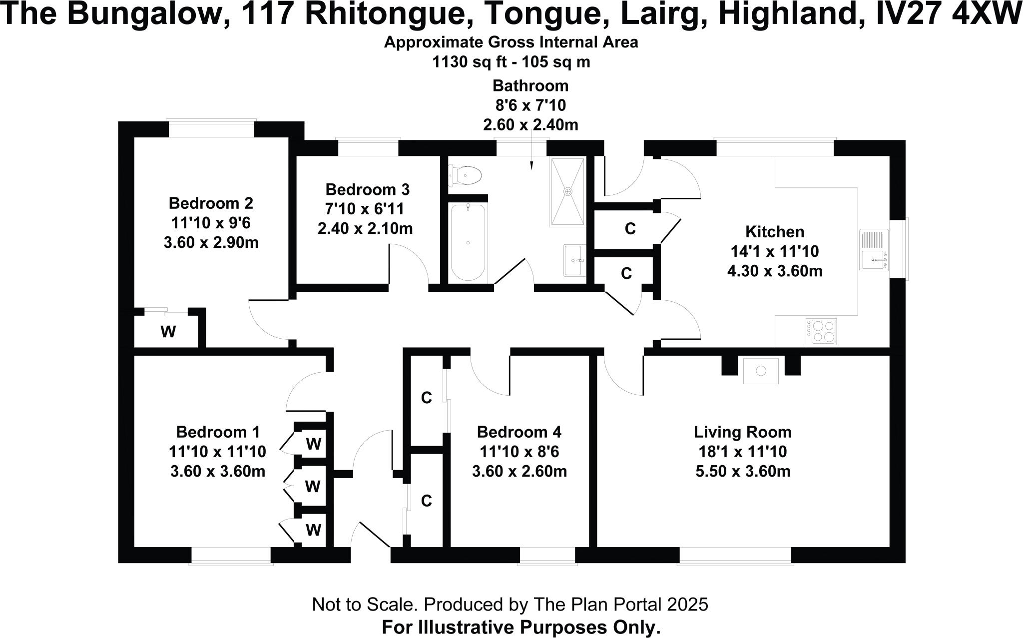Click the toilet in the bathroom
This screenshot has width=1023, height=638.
pyautogui.click(x=467, y=175)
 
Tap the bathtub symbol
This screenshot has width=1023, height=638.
pyautogui.click(x=468, y=243)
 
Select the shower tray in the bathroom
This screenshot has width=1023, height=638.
pyautogui.click(x=568, y=192)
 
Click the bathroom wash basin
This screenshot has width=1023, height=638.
pyautogui.click(x=575, y=260)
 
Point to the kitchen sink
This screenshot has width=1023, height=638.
pyautogui.click(x=874, y=250)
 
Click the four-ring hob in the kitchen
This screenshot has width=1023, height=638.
pyautogui.click(x=821, y=331)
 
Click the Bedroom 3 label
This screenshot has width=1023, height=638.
pyautogui.click(x=367, y=190)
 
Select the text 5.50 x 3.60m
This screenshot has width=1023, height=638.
pyautogui.click(x=743, y=472)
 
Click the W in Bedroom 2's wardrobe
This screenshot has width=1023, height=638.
pyautogui.click(x=168, y=332)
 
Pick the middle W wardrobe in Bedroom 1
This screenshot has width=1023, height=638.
pyautogui.click(x=313, y=486)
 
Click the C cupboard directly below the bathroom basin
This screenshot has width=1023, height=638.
pyautogui.click(x=626, y=273)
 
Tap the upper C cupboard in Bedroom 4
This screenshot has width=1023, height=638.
pyautogui.click(x=426, y=398)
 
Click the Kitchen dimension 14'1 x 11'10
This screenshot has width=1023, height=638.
pyautogui.click(x=775, y=251)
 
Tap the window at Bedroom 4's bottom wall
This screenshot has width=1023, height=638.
pyautogui.click(x=548, y=556)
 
